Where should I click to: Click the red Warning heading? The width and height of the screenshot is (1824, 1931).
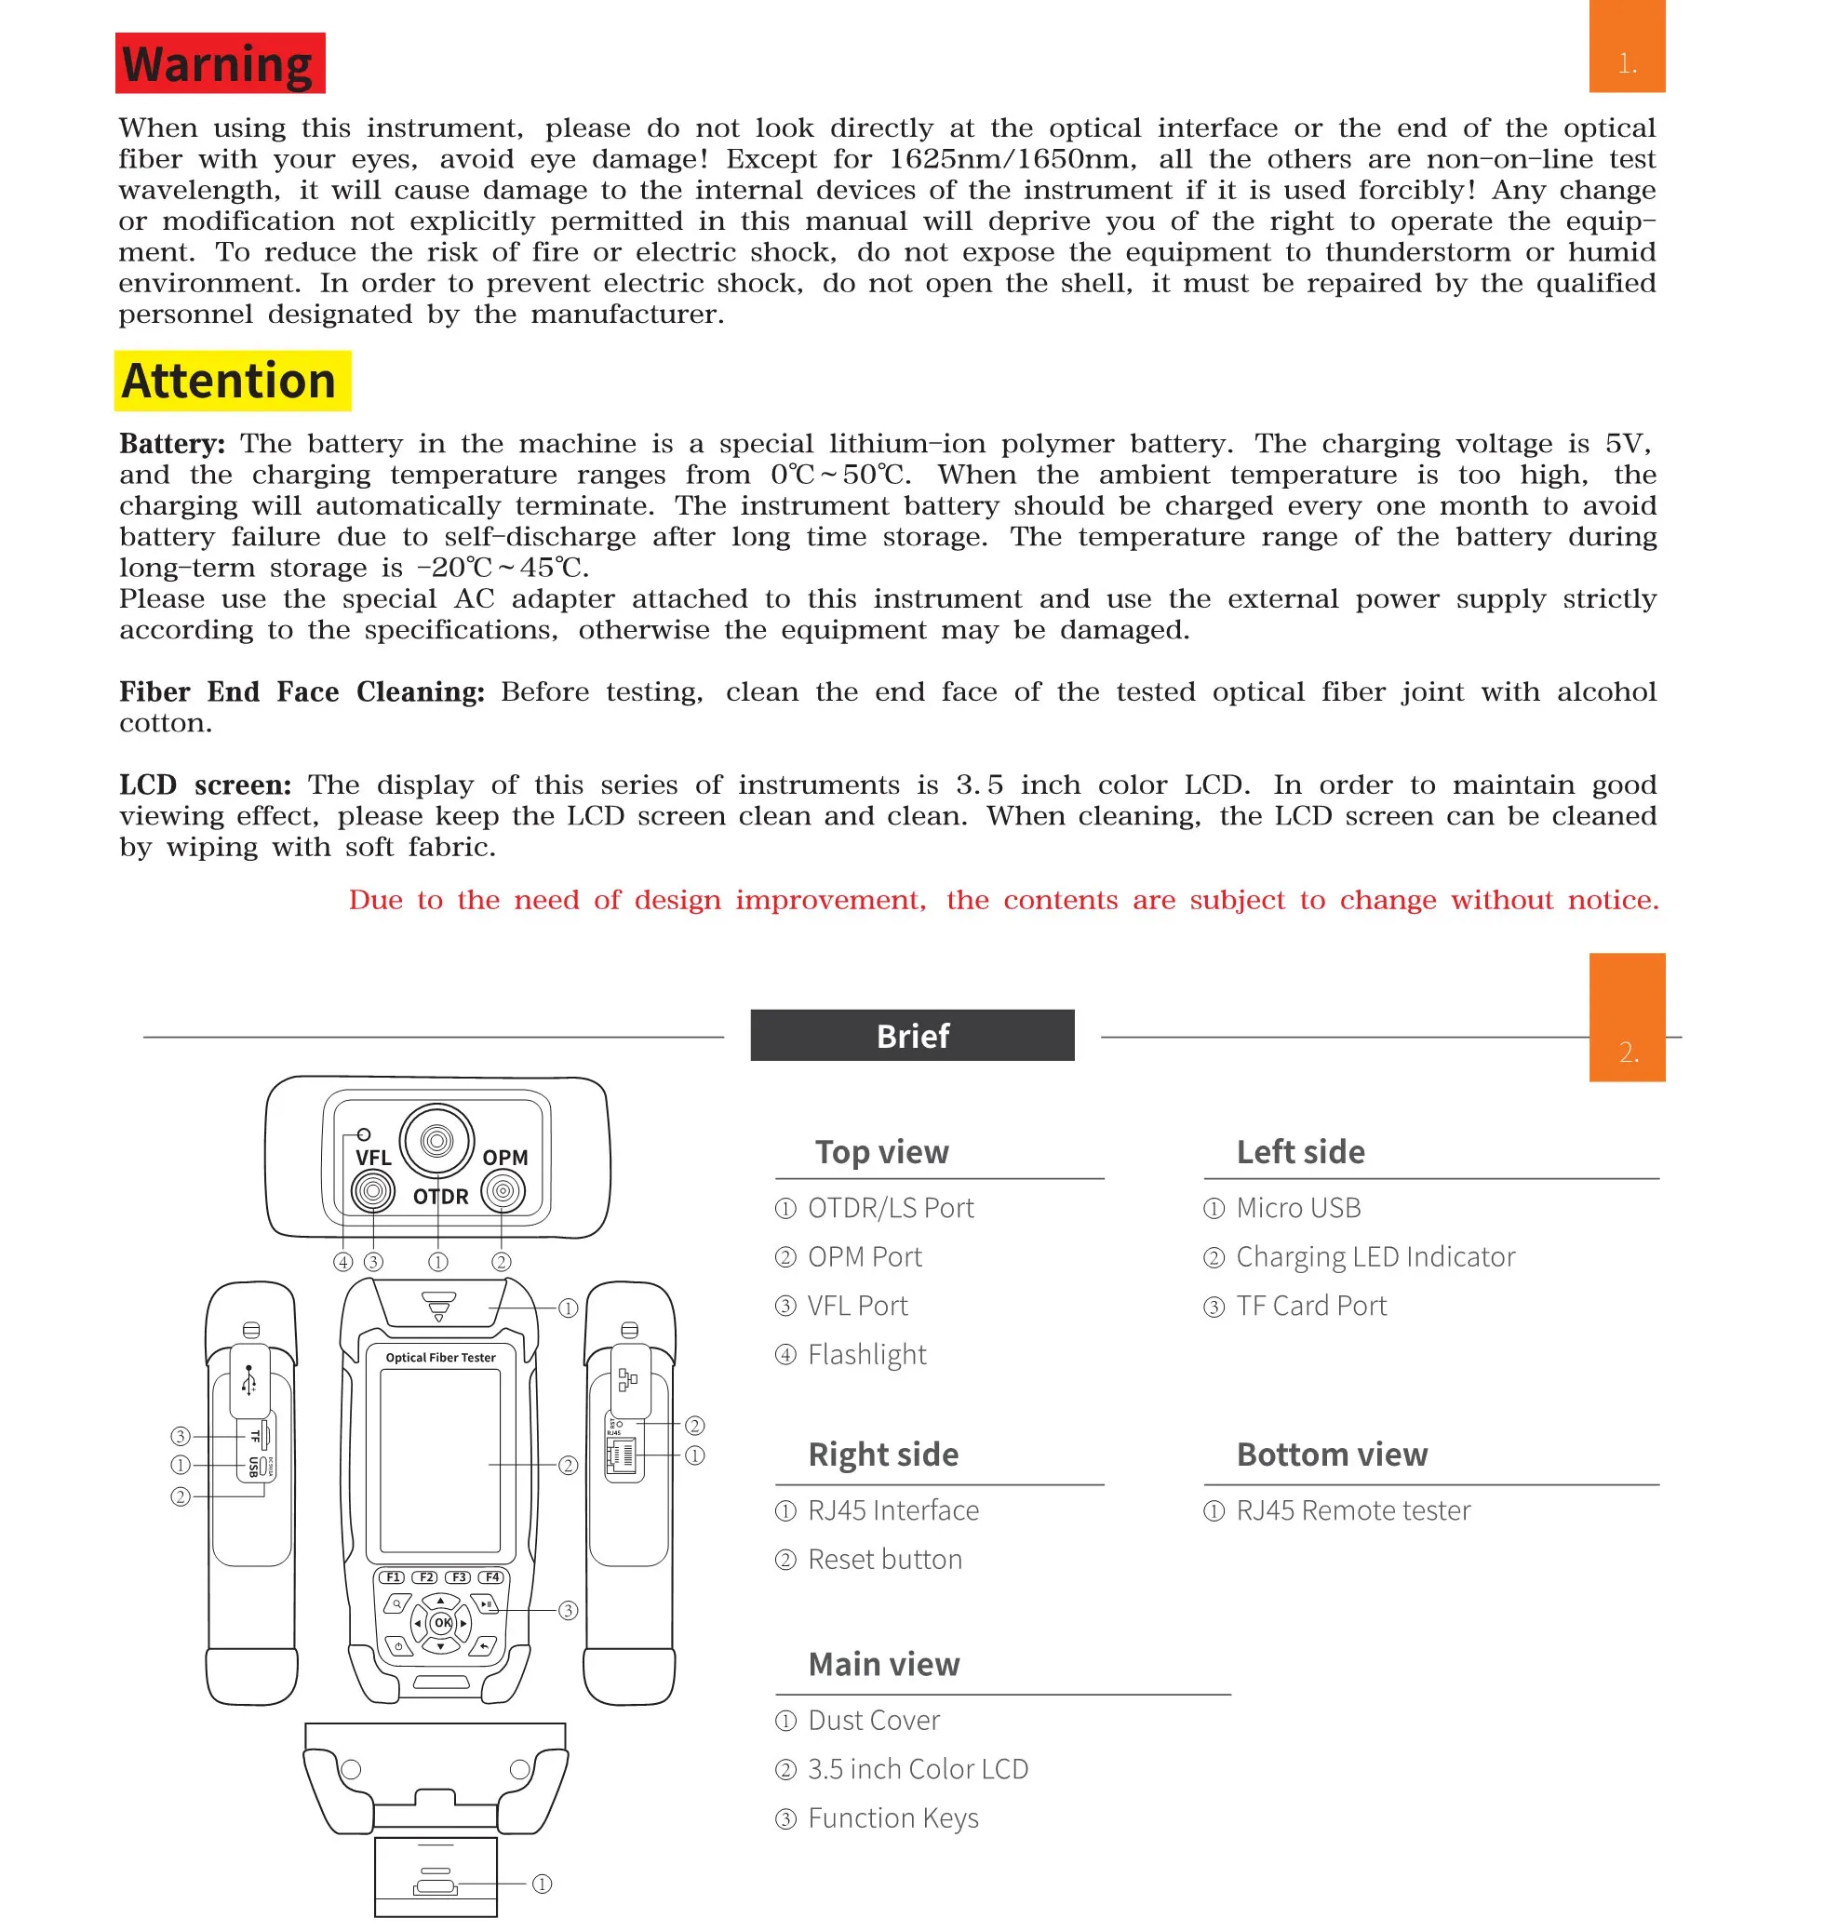(x=220, y=64)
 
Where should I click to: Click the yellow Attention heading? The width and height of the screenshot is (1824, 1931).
(x=232, y=382)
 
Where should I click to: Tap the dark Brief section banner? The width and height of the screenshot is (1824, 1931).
(x=912, y=1036)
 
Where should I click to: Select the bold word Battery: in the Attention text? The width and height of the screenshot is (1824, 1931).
(x=172, y=444)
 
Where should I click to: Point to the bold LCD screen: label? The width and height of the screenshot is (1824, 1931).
(x=205, y=784)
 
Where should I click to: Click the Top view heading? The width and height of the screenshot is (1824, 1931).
(x=881, y=1152)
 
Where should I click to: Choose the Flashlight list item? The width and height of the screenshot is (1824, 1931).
(x=866, y=1354)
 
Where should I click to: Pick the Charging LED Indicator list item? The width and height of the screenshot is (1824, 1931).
(x=1375, y=1257)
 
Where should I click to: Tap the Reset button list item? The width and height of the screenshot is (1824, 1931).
(x=885, y=1560)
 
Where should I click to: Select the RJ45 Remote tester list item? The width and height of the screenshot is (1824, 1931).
(x=1352, y=1511)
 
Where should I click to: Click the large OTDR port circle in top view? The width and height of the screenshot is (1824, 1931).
(x=436, y=1141)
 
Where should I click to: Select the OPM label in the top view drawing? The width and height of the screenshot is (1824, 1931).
(x=504, y=1158)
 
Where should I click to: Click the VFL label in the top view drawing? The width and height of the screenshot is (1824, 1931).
(x=373, y=1158)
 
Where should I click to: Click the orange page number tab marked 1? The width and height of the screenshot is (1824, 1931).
(x=1627, y=47)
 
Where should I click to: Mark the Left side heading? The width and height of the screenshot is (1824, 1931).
(x=1300, y=1152)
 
